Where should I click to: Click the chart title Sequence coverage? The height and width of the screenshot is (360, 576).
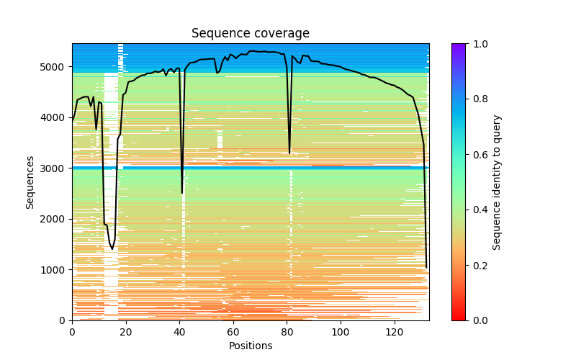coord(250,34)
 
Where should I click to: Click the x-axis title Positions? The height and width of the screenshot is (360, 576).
coord(250,346)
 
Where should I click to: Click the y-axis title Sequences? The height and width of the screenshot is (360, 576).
coord(30,181)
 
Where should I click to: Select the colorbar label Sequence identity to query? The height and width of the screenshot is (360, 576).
coord(497,181)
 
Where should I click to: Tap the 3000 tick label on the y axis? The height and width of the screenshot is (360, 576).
coord(56,168)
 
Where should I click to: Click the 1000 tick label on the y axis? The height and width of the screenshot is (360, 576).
coord(56,270)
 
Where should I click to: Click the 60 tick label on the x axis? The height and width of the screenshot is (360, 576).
coord(233,332)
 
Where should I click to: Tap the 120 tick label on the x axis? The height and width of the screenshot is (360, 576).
coord(394,332)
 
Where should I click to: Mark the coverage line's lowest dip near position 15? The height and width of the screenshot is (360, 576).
coord(112,249)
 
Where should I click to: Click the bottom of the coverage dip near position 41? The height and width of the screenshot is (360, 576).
coord(182,193)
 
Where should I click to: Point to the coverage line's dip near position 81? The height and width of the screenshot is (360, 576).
coord(289,153)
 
